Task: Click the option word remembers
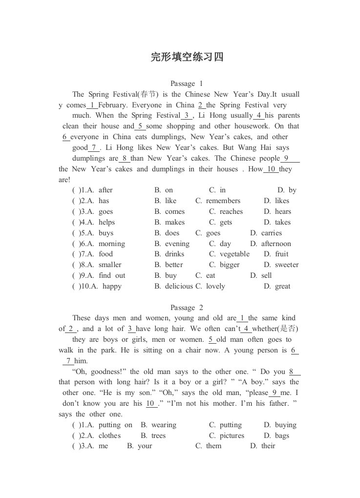pos(223,201)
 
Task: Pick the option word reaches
pos(231,211)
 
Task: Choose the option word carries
pos(272,233)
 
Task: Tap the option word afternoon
pos(276,244)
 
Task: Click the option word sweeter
pos(287,265)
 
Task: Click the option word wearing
pos(164,425)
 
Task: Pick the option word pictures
pos(232,436)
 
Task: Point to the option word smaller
pos(110,265)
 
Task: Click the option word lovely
pos(215,286)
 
